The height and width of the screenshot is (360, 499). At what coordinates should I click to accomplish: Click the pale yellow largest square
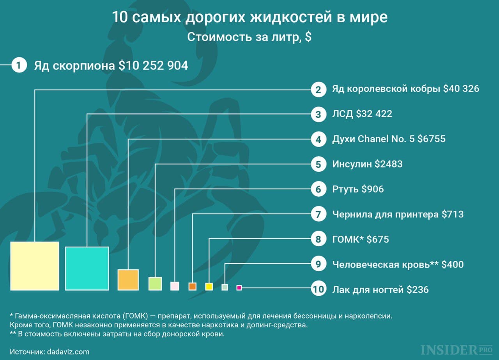click(x=35, y=266)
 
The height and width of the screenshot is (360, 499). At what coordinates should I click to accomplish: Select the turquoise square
click(x=87, y=268)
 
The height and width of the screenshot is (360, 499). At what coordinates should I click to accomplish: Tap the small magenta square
click(x=239, y=288)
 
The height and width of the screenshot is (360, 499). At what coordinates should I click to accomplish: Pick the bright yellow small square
click(x=209, y=286)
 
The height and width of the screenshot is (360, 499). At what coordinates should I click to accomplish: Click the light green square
click(x=155, y=283)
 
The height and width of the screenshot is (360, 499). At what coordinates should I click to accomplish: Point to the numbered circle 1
click(x=19, y=65)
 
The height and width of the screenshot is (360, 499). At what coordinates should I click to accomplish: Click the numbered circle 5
click(x=318, y=164)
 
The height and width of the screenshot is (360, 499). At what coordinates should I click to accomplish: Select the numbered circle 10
click(x=318, y=289)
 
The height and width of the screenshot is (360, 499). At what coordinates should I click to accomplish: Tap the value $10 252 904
click(x=153, y=65)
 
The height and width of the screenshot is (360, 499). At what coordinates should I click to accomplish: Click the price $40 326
click(x=461, y=89)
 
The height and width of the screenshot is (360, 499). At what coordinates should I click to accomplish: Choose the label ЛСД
click(x=342, y=114)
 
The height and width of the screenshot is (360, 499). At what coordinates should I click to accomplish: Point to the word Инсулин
click(x=352, y=164)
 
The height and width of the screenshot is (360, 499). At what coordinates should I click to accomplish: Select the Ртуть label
click(x=345, y=189)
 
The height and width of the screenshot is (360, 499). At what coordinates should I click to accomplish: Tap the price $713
click(x=452, y=214)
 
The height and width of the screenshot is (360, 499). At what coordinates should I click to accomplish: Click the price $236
click(x=417, y=289)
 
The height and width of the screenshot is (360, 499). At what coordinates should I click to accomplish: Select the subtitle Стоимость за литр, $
click(x=249, y=37)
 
